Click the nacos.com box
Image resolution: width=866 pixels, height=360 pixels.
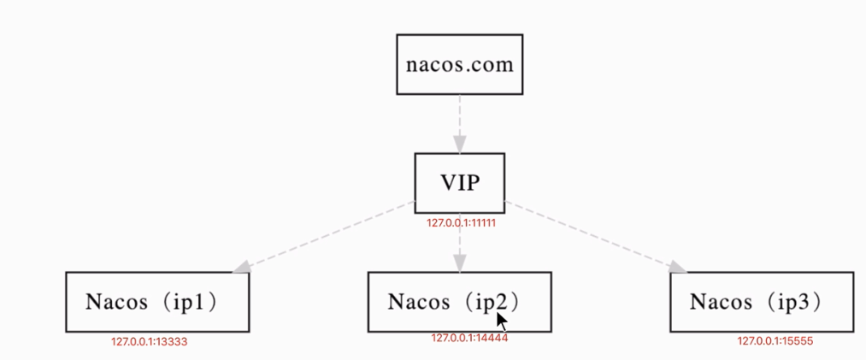point(459,64)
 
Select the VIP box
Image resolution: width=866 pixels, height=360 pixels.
point(459,183)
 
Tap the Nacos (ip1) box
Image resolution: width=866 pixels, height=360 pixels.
point(157,302)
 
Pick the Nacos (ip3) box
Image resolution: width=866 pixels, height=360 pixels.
point(762,302)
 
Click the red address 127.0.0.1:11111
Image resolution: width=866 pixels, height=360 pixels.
point(462,222)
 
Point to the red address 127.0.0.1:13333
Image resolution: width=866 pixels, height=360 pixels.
point(149,342)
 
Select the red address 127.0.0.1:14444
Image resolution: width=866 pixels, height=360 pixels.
point(469,338)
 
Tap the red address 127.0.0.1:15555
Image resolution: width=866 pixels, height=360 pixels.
point(775,341)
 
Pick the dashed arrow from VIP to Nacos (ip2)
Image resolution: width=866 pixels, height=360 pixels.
point(460,244)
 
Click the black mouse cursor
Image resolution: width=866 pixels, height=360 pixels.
point(502,322)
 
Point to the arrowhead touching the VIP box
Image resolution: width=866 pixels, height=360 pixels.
point(460,145)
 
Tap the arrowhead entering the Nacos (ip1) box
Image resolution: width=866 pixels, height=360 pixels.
point(244,266)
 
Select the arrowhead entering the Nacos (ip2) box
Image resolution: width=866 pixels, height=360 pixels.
point(460,264)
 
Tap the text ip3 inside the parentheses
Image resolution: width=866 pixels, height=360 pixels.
point(803,302)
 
